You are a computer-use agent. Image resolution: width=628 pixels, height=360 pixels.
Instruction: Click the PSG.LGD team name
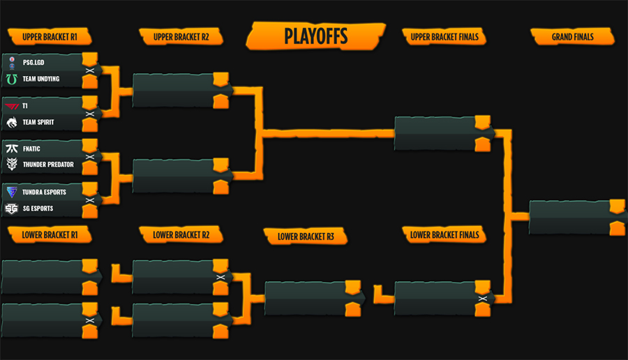[x=33, y=63]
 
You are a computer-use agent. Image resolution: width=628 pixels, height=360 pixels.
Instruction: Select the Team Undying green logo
[x=12, y=80]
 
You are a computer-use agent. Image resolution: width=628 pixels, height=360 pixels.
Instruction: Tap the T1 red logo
[x=12, y=106]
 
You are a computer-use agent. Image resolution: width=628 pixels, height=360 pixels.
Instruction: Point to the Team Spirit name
[x=38, y=122]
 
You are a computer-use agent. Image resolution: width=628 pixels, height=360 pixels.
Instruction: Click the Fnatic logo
[x=12, y=149]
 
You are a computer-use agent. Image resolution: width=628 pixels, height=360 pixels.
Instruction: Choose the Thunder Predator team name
[x=48, y=165]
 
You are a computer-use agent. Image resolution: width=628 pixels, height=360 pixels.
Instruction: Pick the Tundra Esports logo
[x=12, y=193]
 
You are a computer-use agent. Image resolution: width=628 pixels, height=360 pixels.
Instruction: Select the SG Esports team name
[x=38, y=209]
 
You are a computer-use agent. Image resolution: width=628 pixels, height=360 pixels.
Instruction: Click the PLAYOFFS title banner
[x=315, y=36]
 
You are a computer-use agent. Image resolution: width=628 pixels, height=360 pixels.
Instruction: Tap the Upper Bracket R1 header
[x=50, y=37]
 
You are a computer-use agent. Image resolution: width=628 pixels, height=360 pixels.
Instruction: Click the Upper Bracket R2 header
[x=181, y=37]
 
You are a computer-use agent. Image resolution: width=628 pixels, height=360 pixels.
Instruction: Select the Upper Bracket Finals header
[x=444, y=37]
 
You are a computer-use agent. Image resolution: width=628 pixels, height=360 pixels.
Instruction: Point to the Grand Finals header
[x=572, y=37]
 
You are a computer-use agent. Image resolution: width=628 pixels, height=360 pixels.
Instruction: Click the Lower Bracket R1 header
[x=50, y=234]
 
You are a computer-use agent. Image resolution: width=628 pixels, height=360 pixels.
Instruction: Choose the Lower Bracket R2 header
[x=181, y=234]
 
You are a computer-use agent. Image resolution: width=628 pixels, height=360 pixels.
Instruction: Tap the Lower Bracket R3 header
[x=306, y=237]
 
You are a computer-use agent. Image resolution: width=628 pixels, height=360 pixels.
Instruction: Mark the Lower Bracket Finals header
[x=444, y=234]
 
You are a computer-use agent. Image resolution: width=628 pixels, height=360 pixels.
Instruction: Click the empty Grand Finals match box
[x=577, y=218]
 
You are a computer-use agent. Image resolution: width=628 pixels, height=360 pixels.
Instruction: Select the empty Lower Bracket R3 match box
[x=313, y=299]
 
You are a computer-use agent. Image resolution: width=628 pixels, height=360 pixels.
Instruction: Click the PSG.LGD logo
[x=12, y=63]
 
